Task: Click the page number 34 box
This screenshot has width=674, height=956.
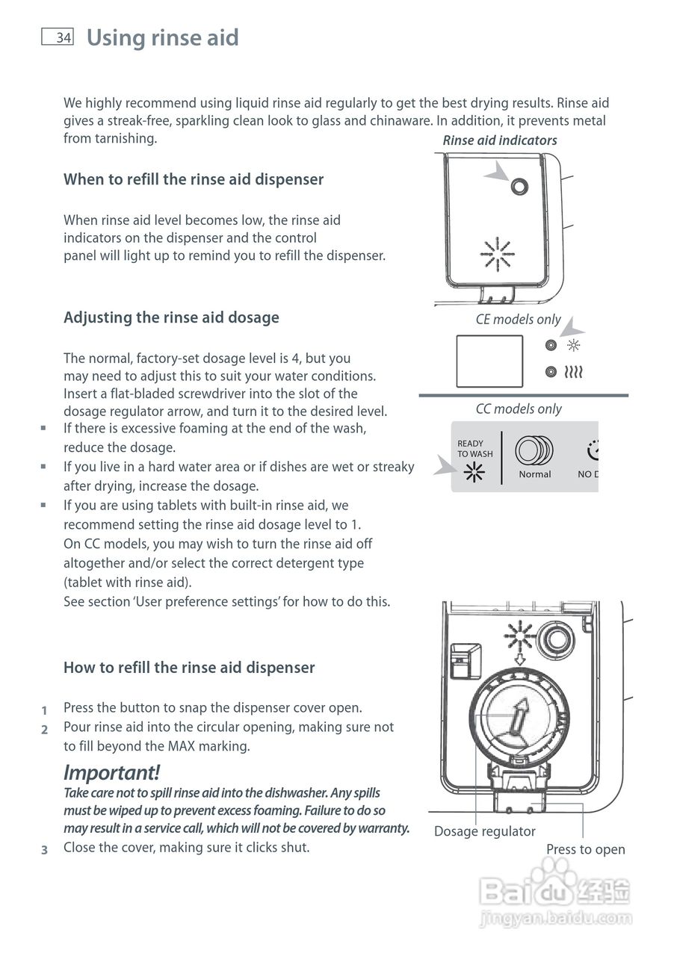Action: pos(58,37)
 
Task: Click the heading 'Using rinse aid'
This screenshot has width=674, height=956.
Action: pos(162,37)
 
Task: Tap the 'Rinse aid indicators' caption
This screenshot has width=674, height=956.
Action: pos(499,140)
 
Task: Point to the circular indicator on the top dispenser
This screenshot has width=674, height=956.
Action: pos(519,187)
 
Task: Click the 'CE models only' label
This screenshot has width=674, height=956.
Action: pos(518,319)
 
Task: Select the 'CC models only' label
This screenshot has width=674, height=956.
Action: pos(518,409)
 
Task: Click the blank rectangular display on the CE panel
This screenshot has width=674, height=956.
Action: pos(489,361)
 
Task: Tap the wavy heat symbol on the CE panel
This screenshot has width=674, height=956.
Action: pos(574,371)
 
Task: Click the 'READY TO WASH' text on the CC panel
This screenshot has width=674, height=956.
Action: pos(474,449)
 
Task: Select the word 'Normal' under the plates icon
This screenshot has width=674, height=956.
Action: pos(534,474)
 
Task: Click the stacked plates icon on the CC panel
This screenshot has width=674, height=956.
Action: pos(534,450)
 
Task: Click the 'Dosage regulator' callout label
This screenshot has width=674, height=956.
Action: pos(484,831)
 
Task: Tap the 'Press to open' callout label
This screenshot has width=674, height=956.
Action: pos(585,849)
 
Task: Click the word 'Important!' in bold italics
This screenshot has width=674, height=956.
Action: pos(111,772)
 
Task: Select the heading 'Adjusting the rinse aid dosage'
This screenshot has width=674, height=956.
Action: pos(171,317)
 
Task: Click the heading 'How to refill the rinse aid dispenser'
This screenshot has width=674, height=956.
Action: pos(189,668)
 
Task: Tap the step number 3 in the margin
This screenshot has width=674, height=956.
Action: pos(44,850)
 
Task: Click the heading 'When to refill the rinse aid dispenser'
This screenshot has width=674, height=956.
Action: pos(194,179)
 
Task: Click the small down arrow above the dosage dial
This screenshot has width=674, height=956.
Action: pos(519,659)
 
